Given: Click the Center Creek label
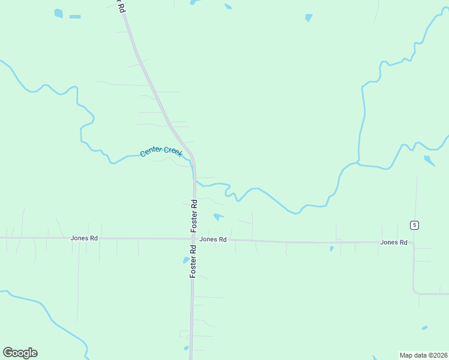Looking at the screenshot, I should [161, 151].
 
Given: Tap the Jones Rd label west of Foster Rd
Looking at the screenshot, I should [84, 238].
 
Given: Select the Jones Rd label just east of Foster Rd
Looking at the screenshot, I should [212, 239].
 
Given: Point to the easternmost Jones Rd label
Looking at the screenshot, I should [393, 242].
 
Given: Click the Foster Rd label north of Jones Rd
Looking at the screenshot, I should [194, 215].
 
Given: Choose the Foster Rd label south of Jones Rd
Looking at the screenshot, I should [193, 260].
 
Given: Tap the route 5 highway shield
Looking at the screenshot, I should [414, 225].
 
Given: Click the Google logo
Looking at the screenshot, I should [20, 353].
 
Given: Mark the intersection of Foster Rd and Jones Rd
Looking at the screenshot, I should [193, 239].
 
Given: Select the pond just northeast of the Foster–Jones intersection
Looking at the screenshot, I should [218, 216].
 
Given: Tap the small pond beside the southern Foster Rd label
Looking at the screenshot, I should [185, 260].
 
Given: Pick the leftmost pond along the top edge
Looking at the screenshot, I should [58, 13].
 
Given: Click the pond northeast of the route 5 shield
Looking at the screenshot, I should [429, 160].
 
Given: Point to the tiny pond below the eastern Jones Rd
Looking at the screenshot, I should [331, 248].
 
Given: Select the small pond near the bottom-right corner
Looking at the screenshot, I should [424, 328].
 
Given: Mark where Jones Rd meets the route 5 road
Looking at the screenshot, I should [413, 243].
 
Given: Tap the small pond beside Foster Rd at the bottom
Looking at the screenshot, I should [186, 347].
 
